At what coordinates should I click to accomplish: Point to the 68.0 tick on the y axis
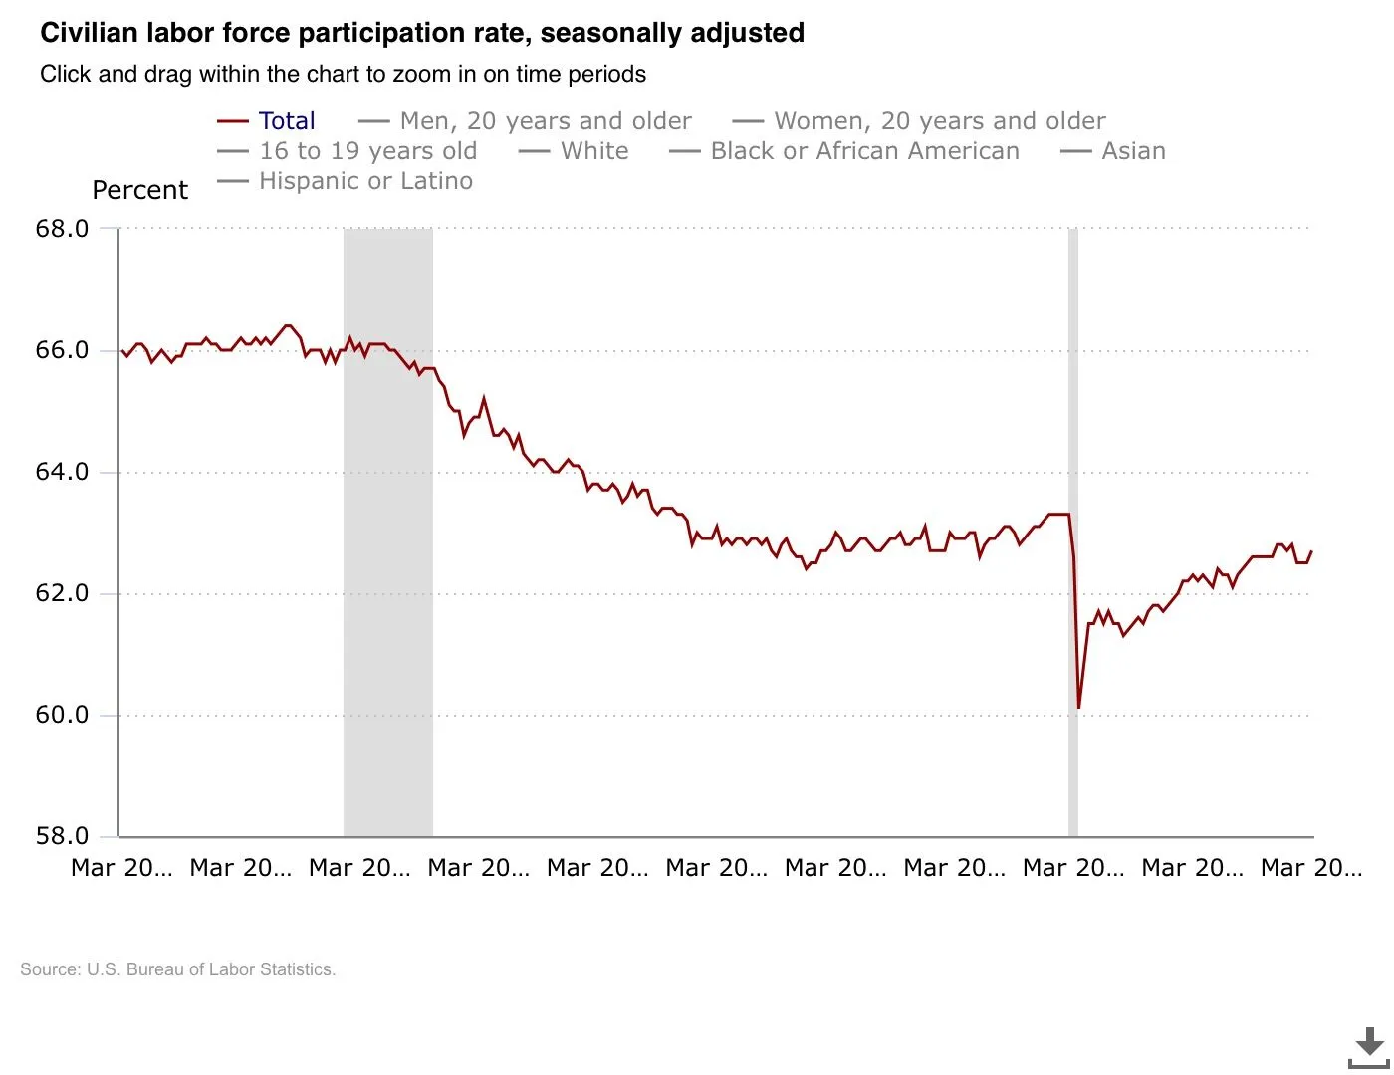(62, 229)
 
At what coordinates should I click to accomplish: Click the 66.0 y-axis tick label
(62, 350)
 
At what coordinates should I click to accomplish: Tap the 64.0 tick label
(62, 472)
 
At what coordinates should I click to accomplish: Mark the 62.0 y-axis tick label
(62, 593)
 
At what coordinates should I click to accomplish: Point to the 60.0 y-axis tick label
(62, 715)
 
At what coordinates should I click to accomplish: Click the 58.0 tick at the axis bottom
(62, 836)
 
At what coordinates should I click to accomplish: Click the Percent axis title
(139, 190)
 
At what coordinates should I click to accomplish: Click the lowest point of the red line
(1078, 707)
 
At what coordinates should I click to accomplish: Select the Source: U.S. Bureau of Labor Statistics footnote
(178, 969)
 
